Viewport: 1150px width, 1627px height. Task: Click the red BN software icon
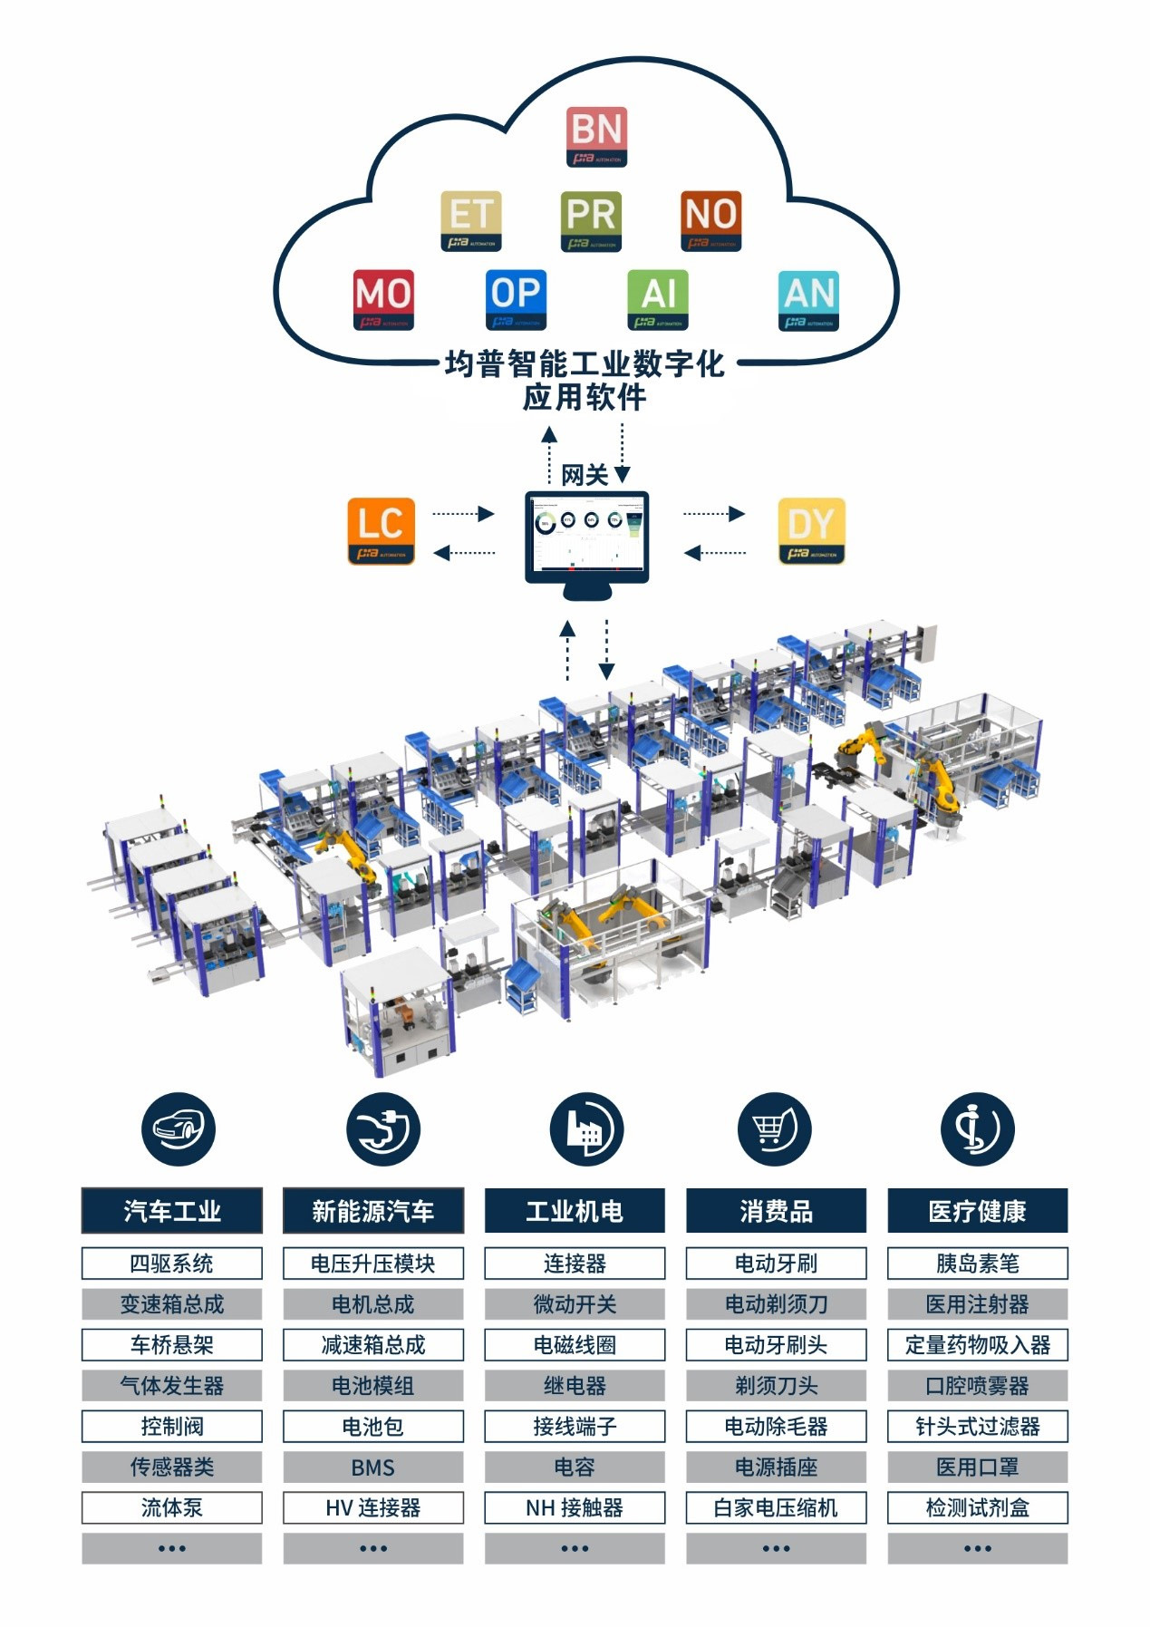pos(597,136)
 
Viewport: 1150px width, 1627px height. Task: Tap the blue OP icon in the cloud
pos(516,299)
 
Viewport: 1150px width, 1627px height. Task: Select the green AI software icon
pos(658,299)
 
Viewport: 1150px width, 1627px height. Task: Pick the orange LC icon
pos(381,530)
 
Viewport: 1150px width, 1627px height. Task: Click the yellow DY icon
pos(811,530)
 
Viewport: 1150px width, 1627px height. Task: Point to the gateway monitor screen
pos(587,536)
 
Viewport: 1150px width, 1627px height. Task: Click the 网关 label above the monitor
pos(585,475)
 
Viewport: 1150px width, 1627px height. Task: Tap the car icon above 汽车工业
pos(179,1128)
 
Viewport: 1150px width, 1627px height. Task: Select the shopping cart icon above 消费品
pos(775,1128)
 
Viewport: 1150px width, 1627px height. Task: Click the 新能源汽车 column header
pos(373,1211)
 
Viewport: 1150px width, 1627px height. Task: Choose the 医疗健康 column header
pos(977,1211)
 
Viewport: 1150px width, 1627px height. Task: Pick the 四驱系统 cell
pos(172,1264)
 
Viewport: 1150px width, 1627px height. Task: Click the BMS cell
pos(373,1467)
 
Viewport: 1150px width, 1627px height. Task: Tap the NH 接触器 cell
pos(575,1508)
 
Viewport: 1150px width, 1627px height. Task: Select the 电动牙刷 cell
pos(776,1264)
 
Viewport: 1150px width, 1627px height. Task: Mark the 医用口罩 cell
pos(977,1467)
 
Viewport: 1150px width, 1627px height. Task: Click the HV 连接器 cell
pos(373,1508)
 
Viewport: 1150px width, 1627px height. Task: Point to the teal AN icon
pos(808,299)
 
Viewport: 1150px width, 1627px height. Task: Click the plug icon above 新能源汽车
pos(383,1128)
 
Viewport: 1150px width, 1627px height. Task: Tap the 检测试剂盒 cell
pos(977,1508)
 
